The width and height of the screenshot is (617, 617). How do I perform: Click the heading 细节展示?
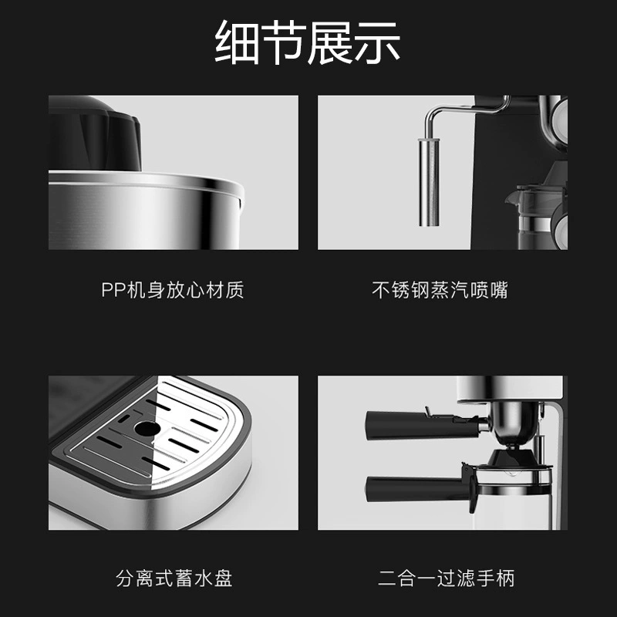coord(307,42)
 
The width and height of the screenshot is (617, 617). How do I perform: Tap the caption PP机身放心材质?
coord(173,290)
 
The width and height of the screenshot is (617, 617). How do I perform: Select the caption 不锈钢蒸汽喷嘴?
coord(440,290)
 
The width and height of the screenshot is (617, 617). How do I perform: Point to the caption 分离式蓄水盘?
coord(174,578)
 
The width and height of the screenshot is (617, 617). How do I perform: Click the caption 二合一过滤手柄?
coord(447,578)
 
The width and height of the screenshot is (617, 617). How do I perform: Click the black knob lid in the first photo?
coord(94,133)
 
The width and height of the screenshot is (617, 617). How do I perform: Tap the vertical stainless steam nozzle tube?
coord(429,182)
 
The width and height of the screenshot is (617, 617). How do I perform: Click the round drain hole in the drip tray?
coord(147,429)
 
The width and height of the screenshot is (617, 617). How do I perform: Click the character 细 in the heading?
coord(237,42)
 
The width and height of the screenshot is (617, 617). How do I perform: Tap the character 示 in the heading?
coord(378,42)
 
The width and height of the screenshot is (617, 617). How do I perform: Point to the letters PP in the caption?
coord(113,290)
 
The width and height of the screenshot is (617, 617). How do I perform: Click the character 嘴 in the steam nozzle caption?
coord(498,290)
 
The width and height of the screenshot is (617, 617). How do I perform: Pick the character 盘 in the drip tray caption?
coord(223,578)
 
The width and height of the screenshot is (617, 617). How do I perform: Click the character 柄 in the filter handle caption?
coord(505,578)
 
